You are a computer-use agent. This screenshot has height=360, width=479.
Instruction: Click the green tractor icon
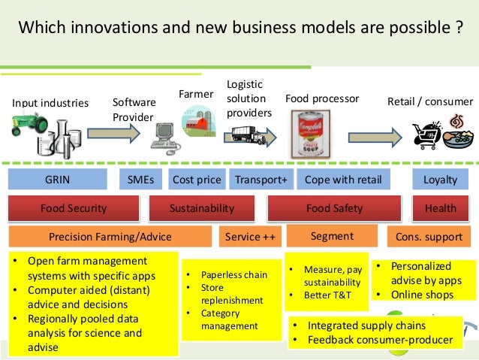point(29,123)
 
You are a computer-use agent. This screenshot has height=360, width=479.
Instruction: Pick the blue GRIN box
point(57,180)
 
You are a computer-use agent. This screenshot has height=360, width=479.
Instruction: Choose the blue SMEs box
point(140,180)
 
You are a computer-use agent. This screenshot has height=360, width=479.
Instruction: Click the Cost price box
point(197,180)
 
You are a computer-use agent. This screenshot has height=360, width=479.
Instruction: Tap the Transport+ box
point(261,180)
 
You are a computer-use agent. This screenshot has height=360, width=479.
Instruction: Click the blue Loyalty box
point(440,180)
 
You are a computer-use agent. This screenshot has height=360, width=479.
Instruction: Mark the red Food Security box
point(74,208)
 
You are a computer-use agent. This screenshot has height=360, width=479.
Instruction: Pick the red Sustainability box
point(202,208)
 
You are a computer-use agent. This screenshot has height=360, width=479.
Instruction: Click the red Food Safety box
point(334,208)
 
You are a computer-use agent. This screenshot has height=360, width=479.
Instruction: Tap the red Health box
point(440,208)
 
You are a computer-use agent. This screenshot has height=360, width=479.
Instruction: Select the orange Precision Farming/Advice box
point(110,237)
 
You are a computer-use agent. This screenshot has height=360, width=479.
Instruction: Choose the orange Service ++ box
point(250,237)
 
